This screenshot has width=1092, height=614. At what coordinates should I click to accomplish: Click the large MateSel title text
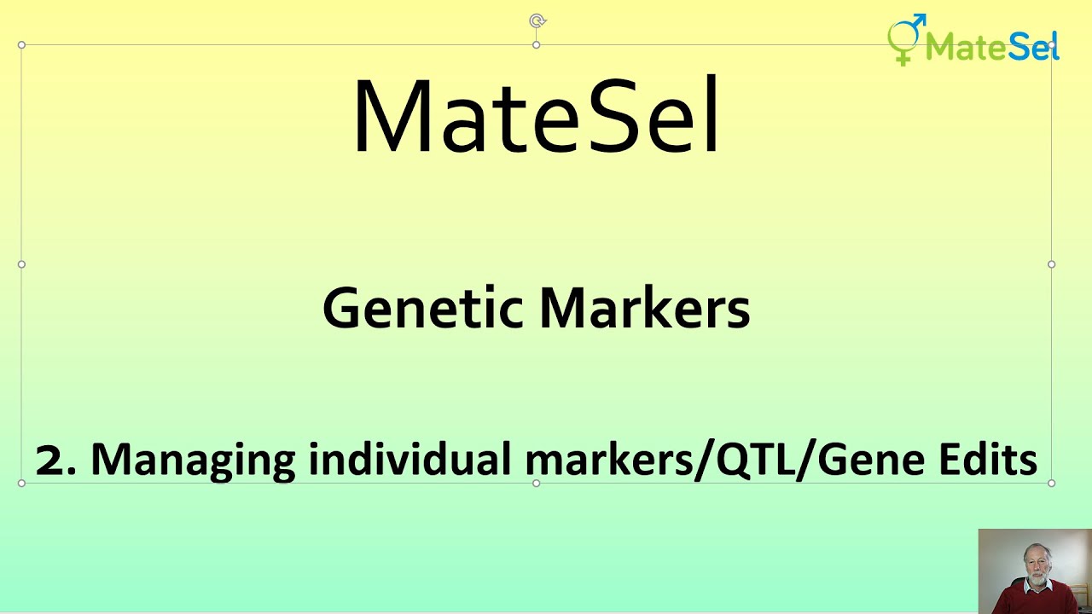[536, 117]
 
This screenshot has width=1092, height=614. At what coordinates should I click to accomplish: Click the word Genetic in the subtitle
[424, 308]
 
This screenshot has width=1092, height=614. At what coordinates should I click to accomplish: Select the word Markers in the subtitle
[645, 308]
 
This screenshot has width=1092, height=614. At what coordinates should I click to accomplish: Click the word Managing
[192, 460]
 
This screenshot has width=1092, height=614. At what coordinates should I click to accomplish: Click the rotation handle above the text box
[537, 20]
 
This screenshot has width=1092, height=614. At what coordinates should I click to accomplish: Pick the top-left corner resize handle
[21, 45]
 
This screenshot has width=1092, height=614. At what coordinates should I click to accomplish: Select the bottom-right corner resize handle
[1051, 483]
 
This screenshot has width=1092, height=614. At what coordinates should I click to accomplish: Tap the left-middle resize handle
[21, 264]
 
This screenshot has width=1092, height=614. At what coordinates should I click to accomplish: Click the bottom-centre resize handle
[536, 483]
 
